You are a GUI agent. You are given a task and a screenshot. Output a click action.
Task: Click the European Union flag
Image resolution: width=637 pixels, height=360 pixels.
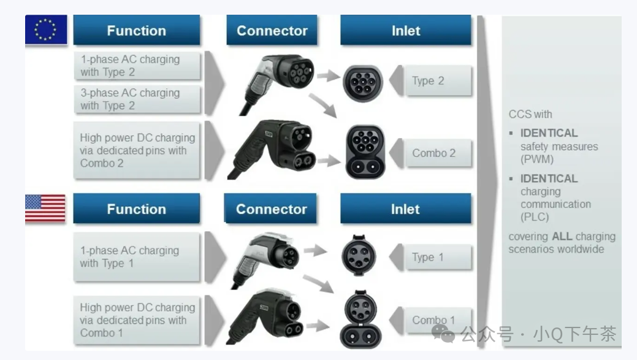[x=46, y=29]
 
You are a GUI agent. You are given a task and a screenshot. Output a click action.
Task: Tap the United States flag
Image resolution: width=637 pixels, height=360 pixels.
[x=45, y=209]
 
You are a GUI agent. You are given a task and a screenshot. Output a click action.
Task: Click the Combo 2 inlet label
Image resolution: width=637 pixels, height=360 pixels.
[x=433, y=153]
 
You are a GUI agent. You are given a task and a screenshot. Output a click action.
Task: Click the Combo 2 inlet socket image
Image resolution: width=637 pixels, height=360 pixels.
[x=365, y=151]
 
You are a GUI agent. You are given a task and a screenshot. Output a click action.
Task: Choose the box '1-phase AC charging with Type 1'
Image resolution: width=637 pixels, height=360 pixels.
[x=137, y=257]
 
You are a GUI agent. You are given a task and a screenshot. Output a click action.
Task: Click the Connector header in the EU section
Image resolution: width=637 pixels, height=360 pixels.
[x=272, y=31]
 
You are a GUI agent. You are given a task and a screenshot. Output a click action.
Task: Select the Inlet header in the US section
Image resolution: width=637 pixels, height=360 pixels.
[x=405, y=209]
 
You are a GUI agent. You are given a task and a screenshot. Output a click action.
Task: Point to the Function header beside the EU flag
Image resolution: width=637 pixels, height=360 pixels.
[x=136, y=31]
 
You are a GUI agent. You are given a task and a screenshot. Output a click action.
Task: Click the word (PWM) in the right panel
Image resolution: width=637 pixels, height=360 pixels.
[x=537, y=159]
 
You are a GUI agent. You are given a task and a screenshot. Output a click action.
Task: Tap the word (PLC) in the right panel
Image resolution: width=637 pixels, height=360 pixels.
[x=535, y=217]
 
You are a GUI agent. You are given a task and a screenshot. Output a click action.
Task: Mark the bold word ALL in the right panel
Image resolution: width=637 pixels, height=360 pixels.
[x=562, y=237]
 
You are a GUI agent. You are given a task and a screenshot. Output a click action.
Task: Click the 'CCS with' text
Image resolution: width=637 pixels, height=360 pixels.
[x=530, y=114]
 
